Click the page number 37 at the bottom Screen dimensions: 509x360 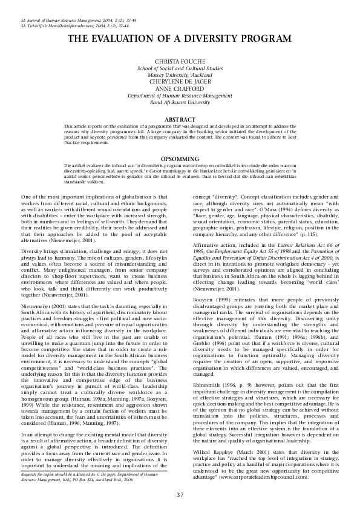(x=180, y=495)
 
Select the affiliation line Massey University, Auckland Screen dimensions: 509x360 (x=180, y=76)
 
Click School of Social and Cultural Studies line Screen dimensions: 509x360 (x=180, y=70)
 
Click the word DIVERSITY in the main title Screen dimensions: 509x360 (x=209, y=39)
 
